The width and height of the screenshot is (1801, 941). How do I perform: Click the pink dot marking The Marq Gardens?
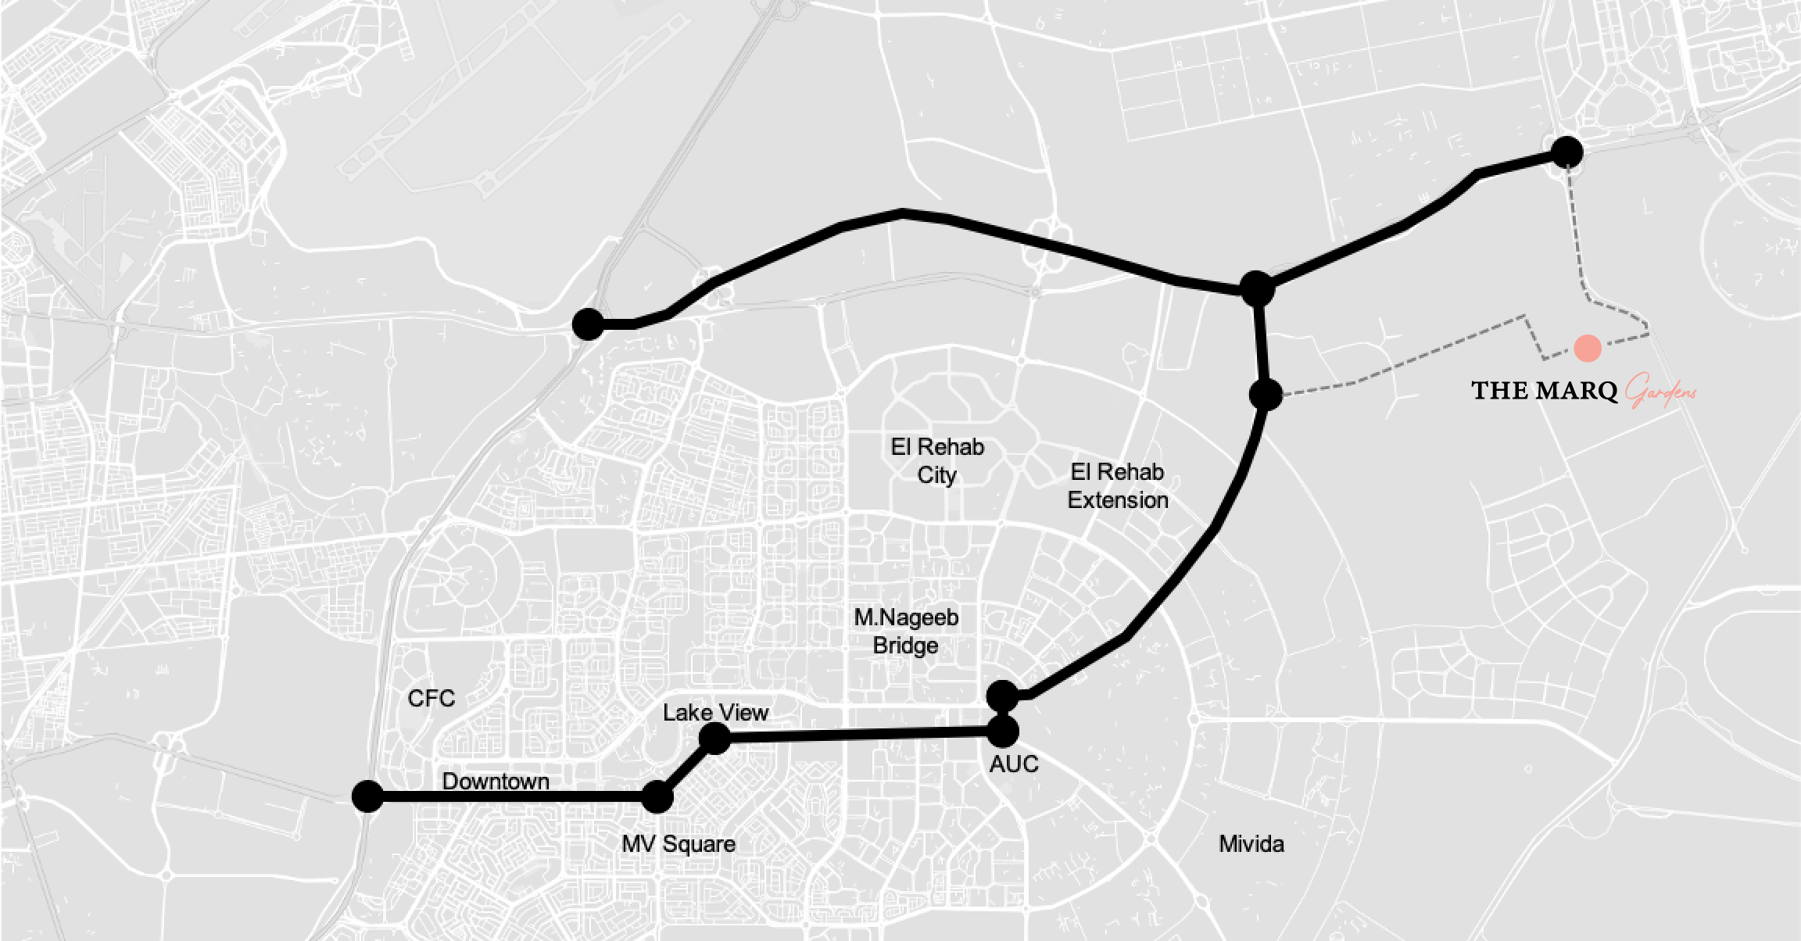pyautogui.click(x=1588, y=349)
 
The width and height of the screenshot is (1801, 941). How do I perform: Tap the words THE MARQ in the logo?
pyautogui.click(x=1544, y=391)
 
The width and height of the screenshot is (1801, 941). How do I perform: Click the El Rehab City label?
pyautogui.click(x=937, y=461)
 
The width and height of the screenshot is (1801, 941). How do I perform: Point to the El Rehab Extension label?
pyautogui.click(x=1118, y=486)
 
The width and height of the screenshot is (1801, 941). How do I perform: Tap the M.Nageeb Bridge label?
pyautogui.click(x=906, y=632)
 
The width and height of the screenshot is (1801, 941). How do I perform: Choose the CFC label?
pyautogui.click(x=431, y=698)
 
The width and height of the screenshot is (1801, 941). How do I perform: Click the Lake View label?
pyautogui.click(x=715, y=713)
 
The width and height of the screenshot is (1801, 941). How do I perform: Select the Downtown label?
pyautogui.click(x=496, y=781)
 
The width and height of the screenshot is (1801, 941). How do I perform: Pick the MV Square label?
pyautogui.click(x=679, y=844)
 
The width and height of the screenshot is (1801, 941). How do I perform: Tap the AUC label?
pyautogui.click(x=1014, y=764)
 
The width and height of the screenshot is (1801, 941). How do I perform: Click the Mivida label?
pyautogui.click(x=1251, y=844)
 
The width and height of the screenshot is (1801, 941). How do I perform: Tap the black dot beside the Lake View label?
pyautogui.click(x=714, y=738)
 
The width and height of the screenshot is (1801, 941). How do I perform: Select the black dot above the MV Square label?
pyautogui.click(x=657, y=797)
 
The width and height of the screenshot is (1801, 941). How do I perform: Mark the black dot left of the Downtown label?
pyautogui.click(x=367, y=796)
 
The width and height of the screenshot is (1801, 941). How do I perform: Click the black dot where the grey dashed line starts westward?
pyautogui.click(x=1266, y=395)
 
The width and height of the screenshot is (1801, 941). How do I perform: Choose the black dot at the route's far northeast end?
pyautogui.click(x=1566, y=152)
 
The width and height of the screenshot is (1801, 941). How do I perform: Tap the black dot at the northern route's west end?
pyautogui.click(x=588, y=324)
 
